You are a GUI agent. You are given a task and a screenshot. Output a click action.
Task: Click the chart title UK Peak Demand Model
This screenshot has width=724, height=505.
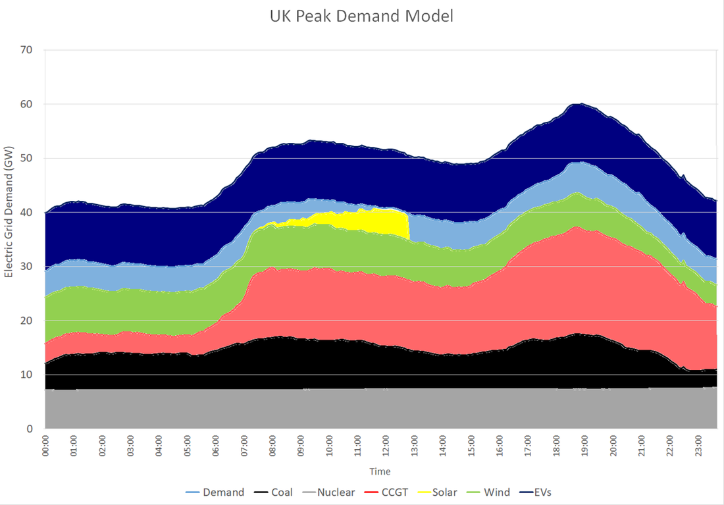tap(361, 16)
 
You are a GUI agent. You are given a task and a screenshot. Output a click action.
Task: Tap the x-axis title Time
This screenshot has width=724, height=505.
tap(380, 471)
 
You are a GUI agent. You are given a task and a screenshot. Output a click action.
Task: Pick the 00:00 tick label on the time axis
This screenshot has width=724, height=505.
tap(45, 446)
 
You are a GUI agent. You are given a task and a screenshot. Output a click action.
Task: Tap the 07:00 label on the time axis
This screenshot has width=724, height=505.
tap(244, 446)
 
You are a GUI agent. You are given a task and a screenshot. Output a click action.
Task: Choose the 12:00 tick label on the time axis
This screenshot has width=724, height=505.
tap(386, 446)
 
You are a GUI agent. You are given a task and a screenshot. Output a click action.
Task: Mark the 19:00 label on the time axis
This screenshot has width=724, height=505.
tap(585, 446)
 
